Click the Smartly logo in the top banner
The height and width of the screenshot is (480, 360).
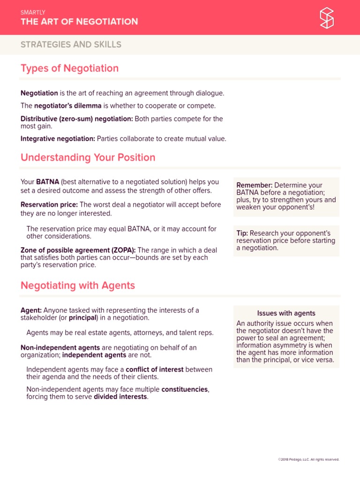point(327,17)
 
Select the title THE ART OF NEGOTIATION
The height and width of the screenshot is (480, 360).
point(79,22)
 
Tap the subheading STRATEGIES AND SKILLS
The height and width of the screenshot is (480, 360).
point(71,45)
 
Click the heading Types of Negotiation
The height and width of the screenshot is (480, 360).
point(69,68)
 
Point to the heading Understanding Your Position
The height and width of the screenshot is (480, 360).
point(88,157)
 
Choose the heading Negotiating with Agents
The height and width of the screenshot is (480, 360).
point(77,285)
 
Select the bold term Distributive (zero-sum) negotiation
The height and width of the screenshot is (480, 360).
point(76,119)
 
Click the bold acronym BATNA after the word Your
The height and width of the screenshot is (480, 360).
point(47,182)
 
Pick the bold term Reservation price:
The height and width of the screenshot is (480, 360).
point(49,204)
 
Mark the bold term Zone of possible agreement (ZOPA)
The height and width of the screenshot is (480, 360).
point(78,250)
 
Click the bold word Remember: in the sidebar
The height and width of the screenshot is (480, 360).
point(254,186)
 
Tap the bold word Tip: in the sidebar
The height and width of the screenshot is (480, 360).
point(242,233)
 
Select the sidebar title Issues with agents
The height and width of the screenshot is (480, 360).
point(286,313)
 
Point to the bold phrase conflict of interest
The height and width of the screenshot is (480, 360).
point(155,369)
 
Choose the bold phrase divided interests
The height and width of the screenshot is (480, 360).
point(120,397)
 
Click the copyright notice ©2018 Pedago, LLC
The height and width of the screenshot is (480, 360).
point(308,459)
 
